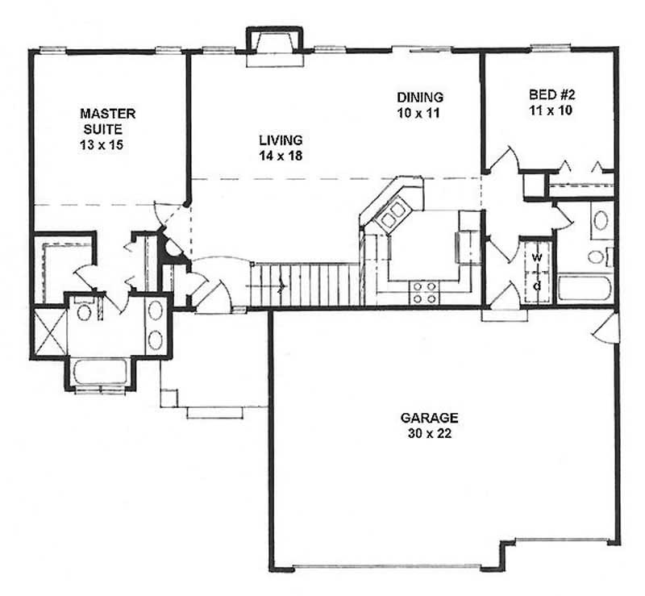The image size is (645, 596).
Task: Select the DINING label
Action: tap(419, 98)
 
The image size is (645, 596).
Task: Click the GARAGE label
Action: tap(429, 418)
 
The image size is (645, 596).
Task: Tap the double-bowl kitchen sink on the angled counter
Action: tap(393, 214)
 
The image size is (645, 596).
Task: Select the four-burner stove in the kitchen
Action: tap(424, 292)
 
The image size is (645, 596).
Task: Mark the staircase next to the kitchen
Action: tap(305, 285)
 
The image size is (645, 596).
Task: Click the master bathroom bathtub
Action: tap(99, 372)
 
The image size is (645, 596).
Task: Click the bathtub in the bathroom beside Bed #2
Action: tap(585, 288)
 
